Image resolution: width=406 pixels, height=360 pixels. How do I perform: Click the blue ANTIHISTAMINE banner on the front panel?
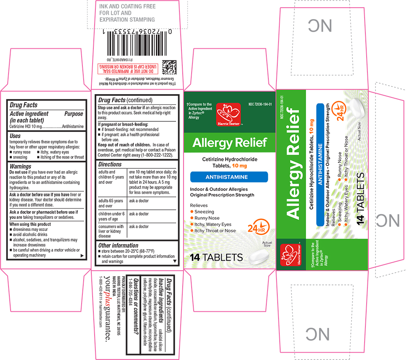[x=229, y=177]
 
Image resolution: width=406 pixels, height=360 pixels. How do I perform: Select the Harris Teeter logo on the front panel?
[x=225, y=113]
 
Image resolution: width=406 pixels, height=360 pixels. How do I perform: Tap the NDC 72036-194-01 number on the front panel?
[x=260, y=104]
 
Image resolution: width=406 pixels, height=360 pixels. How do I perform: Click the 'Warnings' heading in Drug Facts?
[x=20, y=166]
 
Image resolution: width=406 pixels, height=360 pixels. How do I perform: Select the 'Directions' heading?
[x=110, y=164]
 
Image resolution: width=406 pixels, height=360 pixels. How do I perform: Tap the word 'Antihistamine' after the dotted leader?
[x=73, y=127]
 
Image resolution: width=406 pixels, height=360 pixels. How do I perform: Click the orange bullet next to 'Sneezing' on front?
[x=192, y=212]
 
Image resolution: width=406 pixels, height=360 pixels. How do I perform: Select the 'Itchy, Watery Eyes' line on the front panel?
[x=213, y=224]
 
